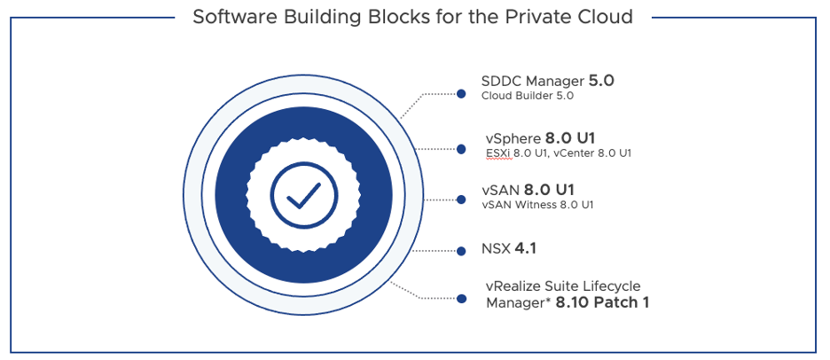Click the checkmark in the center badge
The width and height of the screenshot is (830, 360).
pyautogui.click(x=303, y=195)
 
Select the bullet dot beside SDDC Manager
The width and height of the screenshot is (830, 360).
pyautogui.click(x=461, y=94)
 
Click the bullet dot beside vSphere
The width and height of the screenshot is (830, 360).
pyautogui.click(x=461, y=149)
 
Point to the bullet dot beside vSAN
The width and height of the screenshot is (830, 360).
pyautogui.click(x=461, y=200)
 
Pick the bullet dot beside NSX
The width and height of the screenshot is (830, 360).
pyautogui.click(x=461, y=251)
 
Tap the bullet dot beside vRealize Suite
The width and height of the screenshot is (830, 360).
pyautogui.click(x=462, y=299)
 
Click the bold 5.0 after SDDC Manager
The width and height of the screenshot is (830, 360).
pyautogui.click(x=601, y=81)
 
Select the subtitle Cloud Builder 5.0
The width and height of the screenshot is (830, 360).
pyautogui.click(x=528, y=96)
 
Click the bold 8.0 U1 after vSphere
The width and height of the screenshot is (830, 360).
pyautogui.click(x=570, y=138)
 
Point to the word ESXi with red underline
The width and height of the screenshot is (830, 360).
pyautogui.click(x=499, y=153)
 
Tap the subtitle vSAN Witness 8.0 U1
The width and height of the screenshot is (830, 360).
pyautogui.click(x=537, y=205)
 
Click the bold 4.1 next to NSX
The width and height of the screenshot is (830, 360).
pyautogui.click(x=525, y=247)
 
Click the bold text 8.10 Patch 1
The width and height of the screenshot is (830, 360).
pyautogui.click(x=602, y=303)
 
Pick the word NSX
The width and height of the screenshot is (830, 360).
pyautogui.click(x=496, y=248)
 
